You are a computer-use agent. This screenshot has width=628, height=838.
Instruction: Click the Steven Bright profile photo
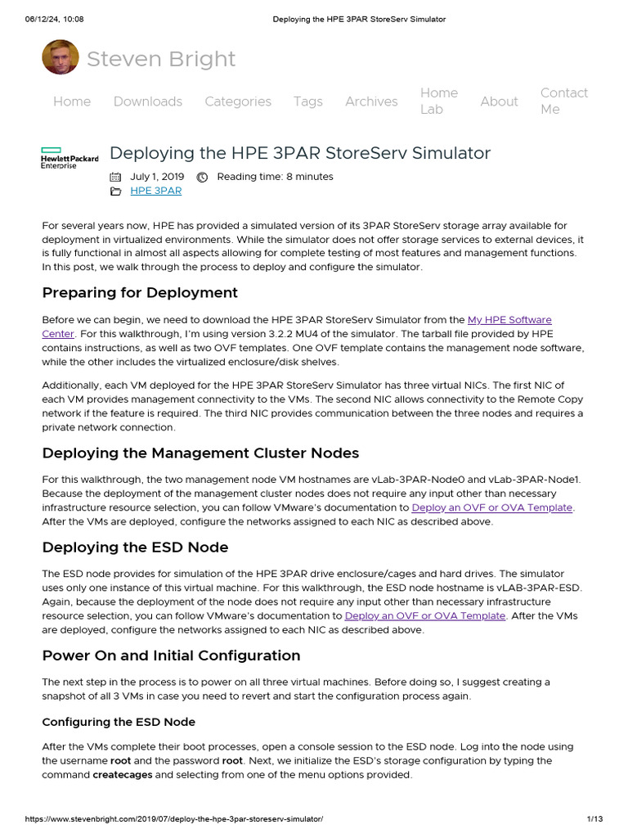61,57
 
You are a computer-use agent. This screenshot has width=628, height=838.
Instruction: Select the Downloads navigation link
147,101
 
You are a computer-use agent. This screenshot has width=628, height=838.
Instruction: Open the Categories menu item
237,101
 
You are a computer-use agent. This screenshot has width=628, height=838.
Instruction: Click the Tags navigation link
307,101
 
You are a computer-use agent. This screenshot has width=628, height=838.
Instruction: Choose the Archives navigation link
371,101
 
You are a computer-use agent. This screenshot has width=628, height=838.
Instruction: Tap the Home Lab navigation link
439,101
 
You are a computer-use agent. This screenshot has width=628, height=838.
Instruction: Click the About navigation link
499,101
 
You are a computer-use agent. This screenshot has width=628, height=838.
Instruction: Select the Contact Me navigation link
563,101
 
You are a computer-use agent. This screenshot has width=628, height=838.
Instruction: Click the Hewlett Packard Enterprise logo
70,158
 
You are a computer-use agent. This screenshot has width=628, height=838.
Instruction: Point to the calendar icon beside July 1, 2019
115,177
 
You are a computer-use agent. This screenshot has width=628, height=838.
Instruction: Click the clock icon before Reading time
202,177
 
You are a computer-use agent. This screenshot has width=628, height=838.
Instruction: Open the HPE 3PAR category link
155,191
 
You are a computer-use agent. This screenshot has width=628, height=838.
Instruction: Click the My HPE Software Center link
509,320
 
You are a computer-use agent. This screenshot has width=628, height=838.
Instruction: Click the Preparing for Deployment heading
140,292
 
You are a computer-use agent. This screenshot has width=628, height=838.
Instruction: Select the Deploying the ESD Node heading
135,547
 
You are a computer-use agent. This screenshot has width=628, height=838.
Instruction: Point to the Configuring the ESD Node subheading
119,722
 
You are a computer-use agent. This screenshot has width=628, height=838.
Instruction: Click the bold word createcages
123,774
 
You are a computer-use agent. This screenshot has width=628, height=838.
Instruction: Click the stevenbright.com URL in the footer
163,819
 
